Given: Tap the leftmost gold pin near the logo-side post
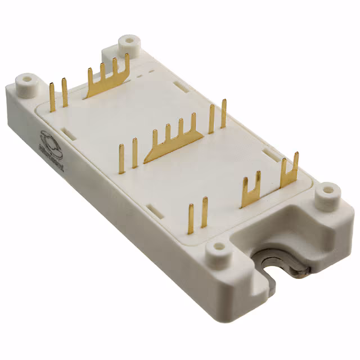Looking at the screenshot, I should [51, 94].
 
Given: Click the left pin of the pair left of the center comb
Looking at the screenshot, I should [121, 160].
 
